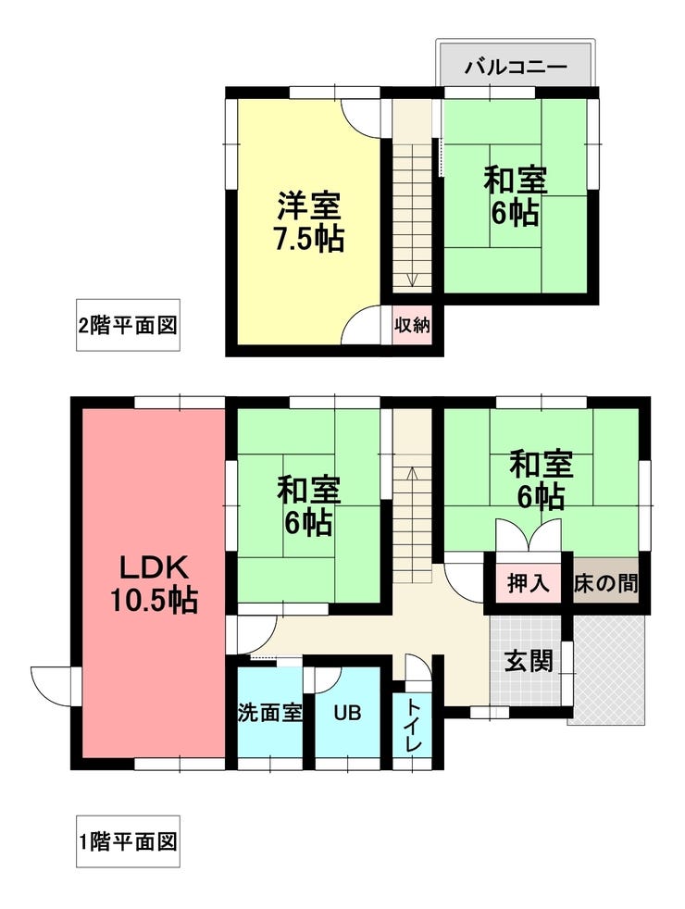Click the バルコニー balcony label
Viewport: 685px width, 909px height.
click(515, 67)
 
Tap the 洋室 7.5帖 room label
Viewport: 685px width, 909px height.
click(309, 222)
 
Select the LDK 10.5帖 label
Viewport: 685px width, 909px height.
click(153, 583)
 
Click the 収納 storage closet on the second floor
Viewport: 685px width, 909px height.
click(411, 325)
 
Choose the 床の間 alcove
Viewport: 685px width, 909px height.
click(604, 583)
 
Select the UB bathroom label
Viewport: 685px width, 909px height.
click(347, 713)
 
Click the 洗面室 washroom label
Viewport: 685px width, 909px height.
click(269, 713)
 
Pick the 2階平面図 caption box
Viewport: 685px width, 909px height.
click(127, 325)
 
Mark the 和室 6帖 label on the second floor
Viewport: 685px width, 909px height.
click(515, 196)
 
